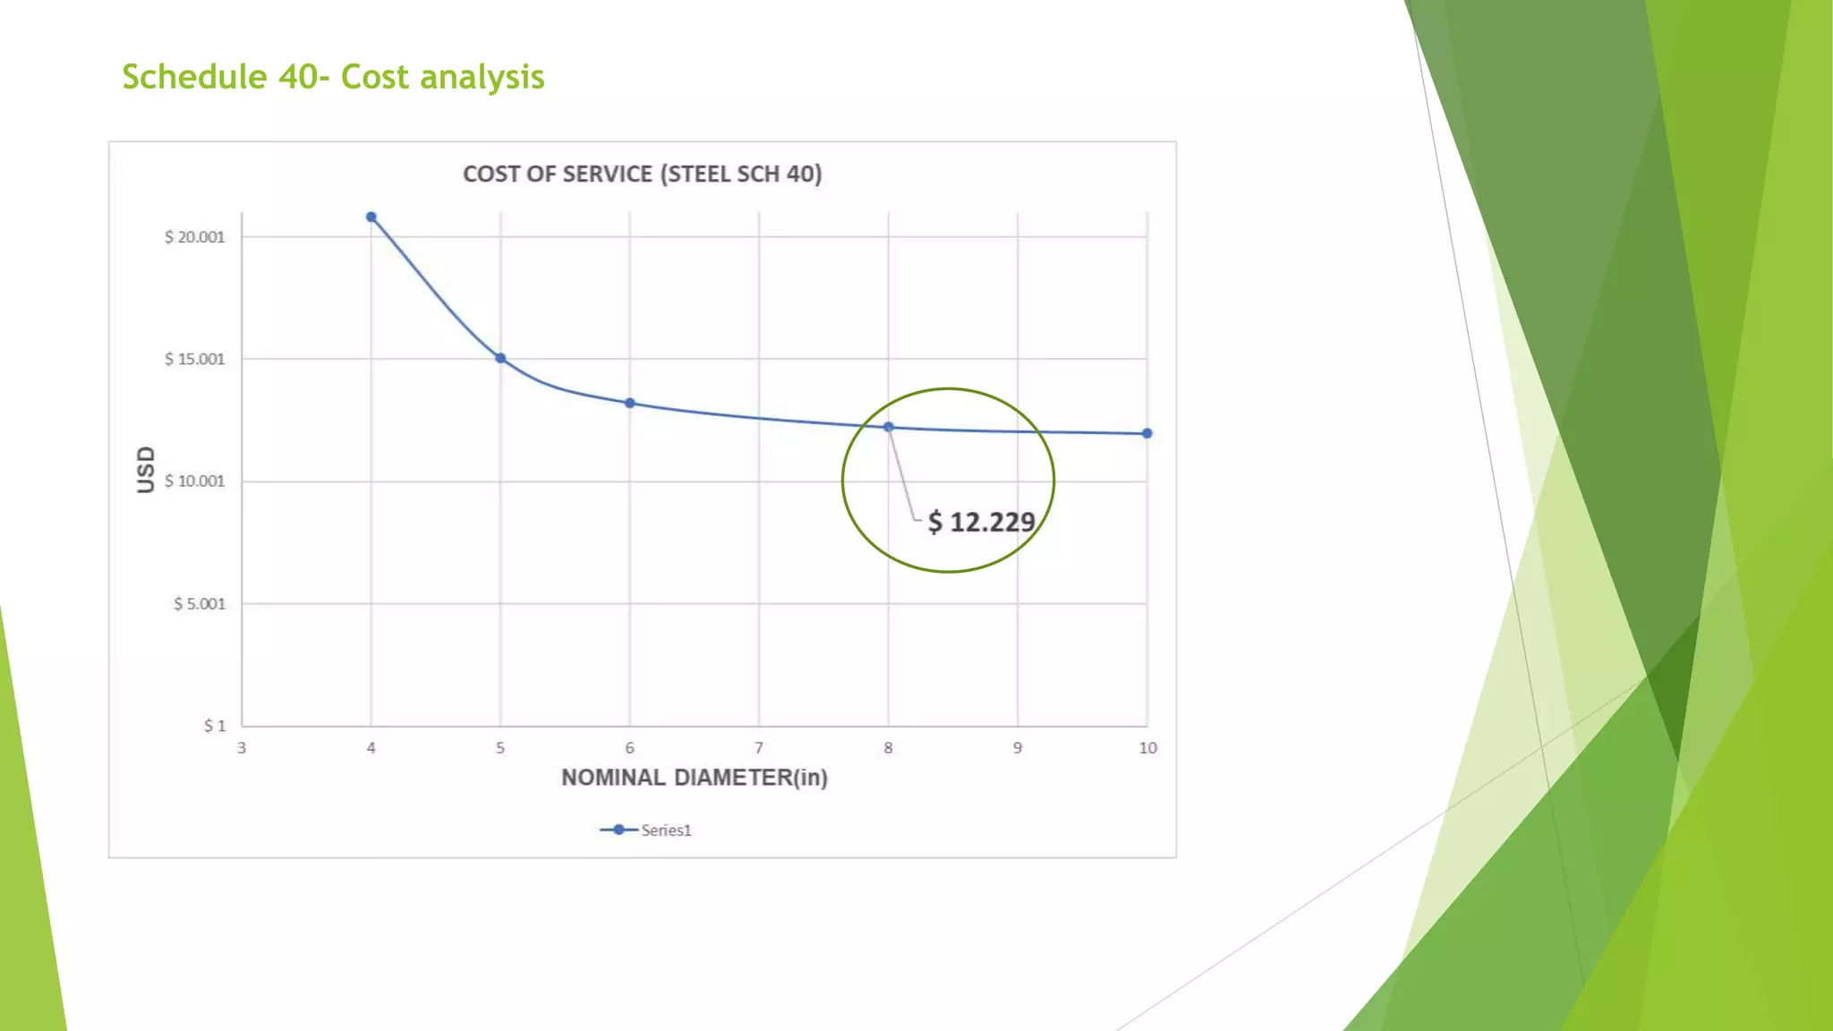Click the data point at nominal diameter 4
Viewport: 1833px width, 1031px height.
pos(371,217)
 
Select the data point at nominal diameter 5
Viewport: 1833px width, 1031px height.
pos(500,358)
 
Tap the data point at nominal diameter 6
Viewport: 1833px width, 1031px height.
pos(630,404)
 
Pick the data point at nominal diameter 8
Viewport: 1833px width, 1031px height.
pos(889,427)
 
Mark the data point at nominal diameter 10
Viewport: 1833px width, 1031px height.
pos(1147,433)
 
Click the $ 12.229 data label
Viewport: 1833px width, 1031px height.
pos(981,522)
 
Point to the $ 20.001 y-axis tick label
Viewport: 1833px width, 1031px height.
pos(194,237)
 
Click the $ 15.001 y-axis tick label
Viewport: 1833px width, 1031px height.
pos(194,360)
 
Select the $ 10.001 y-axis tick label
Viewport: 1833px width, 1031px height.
pos(194,481)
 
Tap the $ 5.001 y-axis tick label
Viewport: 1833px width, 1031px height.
pos(199,604)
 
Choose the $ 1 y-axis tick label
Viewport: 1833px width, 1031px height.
pos(215,726)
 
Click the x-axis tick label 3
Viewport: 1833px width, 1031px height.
pos(242,748)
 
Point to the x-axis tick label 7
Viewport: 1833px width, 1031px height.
pos(759,748)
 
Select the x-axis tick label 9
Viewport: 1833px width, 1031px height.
pos(1018,748)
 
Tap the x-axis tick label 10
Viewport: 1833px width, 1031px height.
pos(1147,748)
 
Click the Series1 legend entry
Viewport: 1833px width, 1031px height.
pos(646,831)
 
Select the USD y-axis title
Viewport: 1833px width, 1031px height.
pos(145,469)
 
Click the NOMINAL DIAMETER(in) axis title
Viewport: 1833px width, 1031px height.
pos(695,778)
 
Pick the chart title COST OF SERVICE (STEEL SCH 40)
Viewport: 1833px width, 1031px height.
pos(642,174)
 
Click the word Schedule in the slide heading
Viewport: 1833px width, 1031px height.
pos(194,77)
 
